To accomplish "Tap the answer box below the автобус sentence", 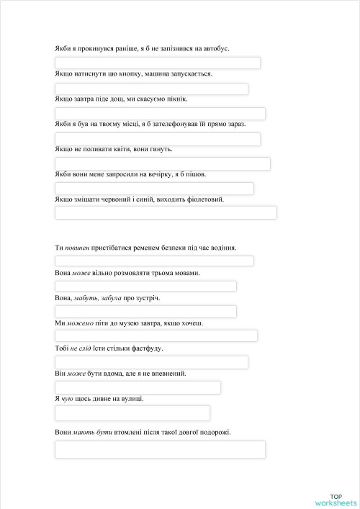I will [x=158, y=63].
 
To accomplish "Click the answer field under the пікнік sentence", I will [x=160, y=114].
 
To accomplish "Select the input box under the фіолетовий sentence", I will [x=166, y=212].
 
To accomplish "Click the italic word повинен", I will [x=77, y=248].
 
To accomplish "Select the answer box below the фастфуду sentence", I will [x=151, y=362].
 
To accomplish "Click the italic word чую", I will [x=67, y=398].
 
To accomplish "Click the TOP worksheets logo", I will [x=336, y=500].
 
